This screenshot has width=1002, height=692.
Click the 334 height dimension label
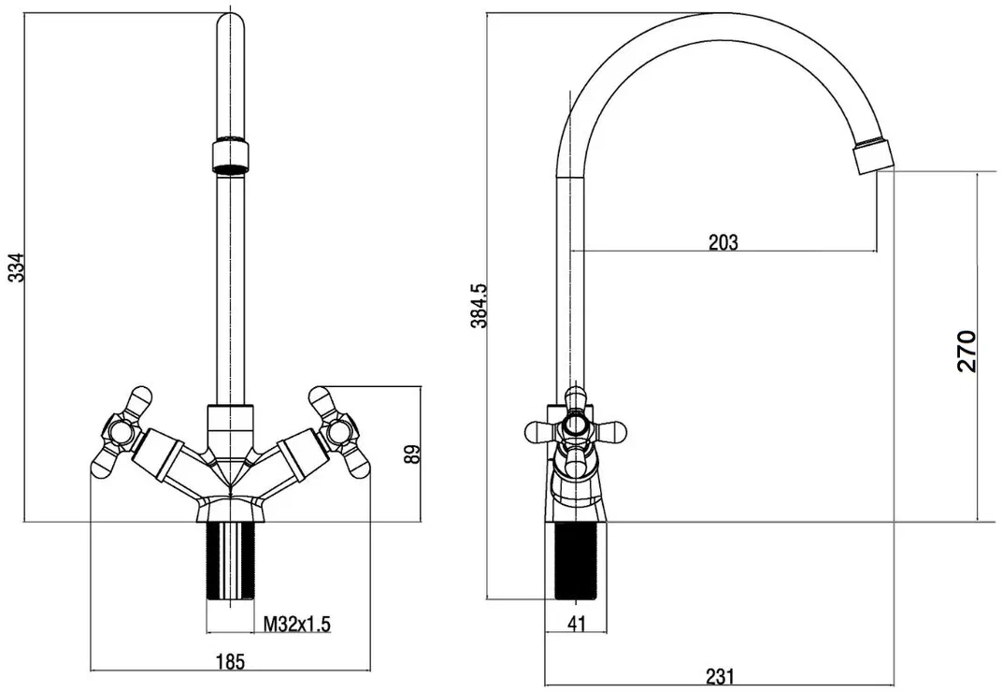tap(17, 267)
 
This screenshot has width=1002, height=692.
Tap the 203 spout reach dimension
tap(723, 242)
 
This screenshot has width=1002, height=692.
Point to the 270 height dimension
tap(966, 351)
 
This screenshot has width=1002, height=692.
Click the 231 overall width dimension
tap(720, 676)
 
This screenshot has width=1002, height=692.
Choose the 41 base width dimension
tap(577, 624)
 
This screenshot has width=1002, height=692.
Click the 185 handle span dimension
tap(230, 661)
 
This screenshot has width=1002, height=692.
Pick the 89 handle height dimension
tap(412, 454)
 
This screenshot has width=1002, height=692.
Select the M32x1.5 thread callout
tap(297, 624)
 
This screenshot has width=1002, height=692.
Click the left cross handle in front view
tap(122, 432)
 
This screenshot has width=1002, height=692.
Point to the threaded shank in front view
tap(230, 560)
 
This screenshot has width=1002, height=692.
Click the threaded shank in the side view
tap(577, 560)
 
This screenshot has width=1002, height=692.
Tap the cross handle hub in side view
tap(576, 424)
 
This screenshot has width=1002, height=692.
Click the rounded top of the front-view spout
tap(230, 22)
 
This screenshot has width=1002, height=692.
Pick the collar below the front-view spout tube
tap(230, 425)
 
